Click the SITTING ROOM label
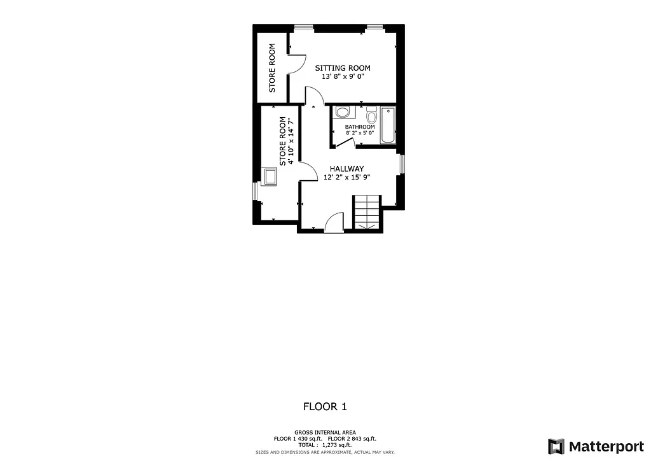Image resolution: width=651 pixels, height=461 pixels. (343, 68)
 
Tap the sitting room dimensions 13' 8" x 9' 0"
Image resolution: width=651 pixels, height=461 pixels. (343, 76)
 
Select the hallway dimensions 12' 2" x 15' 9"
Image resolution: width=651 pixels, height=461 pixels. (346, 178)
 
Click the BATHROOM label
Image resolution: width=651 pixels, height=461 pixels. (360, 127)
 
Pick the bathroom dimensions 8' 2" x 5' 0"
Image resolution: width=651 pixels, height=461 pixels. (360, 133)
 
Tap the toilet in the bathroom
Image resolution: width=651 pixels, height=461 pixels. (371, 115)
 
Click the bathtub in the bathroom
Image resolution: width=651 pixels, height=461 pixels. (388, 125)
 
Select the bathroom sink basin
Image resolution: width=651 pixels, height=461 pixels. (343, 113)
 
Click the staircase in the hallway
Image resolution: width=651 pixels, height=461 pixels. (367, 211)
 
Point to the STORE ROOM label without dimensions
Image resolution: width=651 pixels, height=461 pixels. (272, 67)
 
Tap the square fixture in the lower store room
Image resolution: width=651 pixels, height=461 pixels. (270, 176)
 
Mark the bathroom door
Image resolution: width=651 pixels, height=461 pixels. (344, 142)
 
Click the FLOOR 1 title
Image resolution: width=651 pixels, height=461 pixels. (325, 406)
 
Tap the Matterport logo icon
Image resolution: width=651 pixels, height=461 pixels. (556, 445)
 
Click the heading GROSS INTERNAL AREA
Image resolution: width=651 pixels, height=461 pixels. (325, 432)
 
